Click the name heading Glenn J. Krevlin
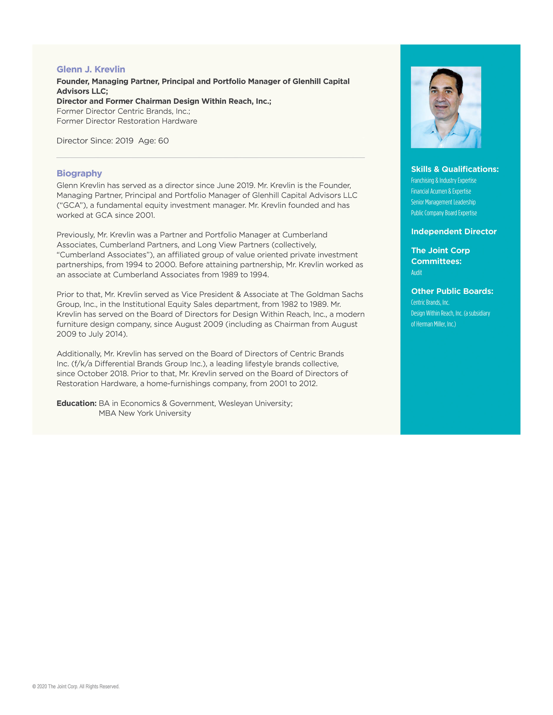[91, 69]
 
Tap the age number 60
[164, 141]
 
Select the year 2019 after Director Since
[124, 141]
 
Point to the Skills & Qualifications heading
[454, 169]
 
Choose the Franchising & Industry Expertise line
[443, 180]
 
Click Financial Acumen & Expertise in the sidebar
[441, 191]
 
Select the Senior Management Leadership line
[443, 202]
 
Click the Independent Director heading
[453, 231]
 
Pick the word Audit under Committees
[416, 272]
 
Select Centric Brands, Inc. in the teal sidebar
[430, 302]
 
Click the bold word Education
[76, 403]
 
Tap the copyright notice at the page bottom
[76, 687]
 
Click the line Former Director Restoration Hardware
[127, 121]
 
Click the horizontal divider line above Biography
[210, 158]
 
